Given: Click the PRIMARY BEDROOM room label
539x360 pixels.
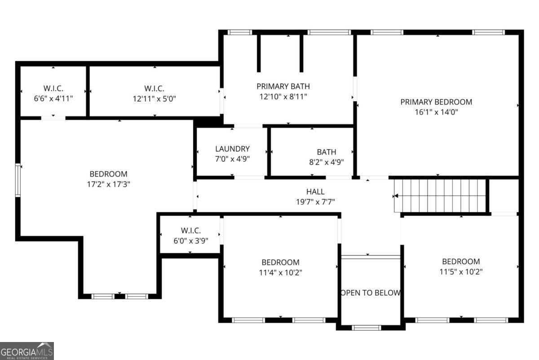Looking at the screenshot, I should click(x=436, y=102).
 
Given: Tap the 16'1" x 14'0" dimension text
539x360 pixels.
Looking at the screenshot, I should click(x=436, y=112).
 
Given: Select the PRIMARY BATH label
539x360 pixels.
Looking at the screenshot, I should click(x=283, y=86).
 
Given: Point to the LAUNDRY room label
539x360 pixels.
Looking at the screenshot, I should click(x=232, y=149).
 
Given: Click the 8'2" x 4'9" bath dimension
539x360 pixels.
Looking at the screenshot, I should click(x=326, y=162).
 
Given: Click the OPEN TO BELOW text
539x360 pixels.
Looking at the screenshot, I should click(x=371, y=293).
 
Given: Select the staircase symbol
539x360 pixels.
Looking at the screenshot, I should click(x=441, y=196).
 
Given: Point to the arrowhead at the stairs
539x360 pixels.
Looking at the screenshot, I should click(x=396, y=196).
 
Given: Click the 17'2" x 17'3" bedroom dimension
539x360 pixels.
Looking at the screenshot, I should click(x=108, y=184).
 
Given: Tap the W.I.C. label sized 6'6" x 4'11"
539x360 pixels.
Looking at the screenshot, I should click(x=53, y=88).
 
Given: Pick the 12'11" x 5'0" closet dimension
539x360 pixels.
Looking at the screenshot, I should click(x=154, y=98).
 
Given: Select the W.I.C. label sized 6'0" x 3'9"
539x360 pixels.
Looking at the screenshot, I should click(x=190, y=231).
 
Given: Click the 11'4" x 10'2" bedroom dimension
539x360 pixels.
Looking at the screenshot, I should click(x=280, y=272).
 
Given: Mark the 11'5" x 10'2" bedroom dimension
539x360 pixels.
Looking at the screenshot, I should click(x=461, y=271).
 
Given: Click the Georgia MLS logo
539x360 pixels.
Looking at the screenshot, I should click(x=27, y=351).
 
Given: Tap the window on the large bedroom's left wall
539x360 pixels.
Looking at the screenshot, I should click(x=18, y=180).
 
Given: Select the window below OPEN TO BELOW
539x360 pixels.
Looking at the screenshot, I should click(x=367, y=328).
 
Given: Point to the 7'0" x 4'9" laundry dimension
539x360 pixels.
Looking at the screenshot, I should click(x=232, y=159).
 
